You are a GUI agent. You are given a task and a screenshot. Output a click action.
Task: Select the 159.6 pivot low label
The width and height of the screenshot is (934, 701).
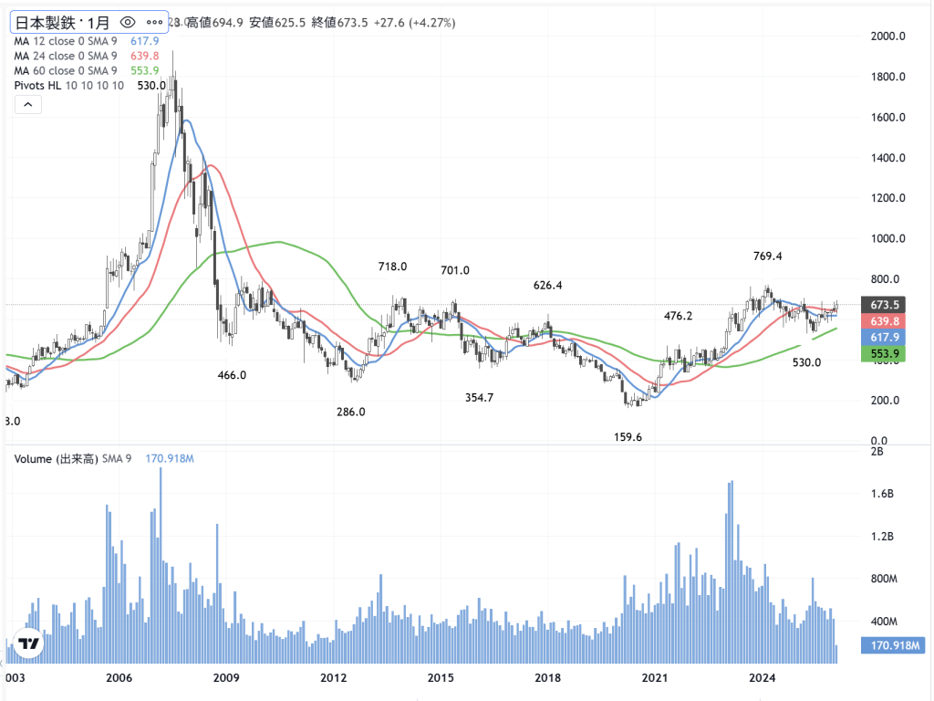[x=627, y=437]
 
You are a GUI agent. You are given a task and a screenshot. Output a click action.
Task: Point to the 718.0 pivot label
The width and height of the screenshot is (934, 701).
[x=392, y=267]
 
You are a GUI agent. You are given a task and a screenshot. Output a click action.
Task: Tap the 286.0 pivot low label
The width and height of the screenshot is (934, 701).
[x=350, y=412]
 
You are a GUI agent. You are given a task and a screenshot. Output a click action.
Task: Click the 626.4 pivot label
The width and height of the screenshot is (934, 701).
[x=547, y=285]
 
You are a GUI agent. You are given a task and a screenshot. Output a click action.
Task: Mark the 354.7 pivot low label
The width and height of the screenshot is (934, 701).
[x=479, y=398]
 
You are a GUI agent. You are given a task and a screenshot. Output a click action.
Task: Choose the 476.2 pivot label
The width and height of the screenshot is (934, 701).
[x=678, y=316]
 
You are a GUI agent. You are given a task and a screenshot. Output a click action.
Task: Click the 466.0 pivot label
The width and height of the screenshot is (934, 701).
[x=232, y=375]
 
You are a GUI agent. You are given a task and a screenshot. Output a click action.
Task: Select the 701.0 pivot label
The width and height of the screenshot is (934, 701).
[x=454, y=270]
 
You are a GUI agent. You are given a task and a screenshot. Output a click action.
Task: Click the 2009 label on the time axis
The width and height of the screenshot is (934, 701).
[x=226, y=678]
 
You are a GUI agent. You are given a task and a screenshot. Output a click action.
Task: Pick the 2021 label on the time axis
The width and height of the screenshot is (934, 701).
[x=656, y=678]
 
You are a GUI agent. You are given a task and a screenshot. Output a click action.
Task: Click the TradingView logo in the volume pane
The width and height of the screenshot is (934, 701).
[x=29, y=643]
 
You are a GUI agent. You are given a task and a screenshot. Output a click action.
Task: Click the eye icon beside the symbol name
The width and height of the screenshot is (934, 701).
[x=128, y=21]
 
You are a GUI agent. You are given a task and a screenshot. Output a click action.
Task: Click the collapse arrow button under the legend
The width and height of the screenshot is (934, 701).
[x=28, y=105]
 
